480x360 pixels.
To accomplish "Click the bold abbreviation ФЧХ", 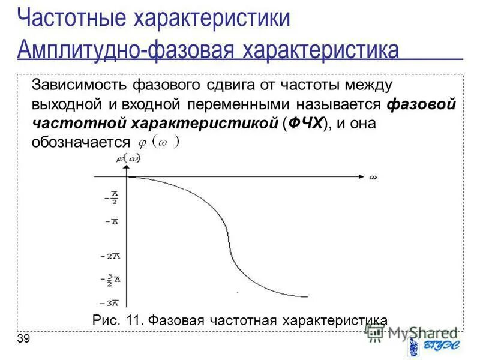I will (305, 124).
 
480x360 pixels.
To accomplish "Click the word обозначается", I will (80, 142).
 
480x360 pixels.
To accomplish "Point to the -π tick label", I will (111, 221).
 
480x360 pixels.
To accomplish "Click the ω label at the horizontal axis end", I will (373, 177).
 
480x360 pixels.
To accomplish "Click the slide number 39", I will (24, 340).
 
